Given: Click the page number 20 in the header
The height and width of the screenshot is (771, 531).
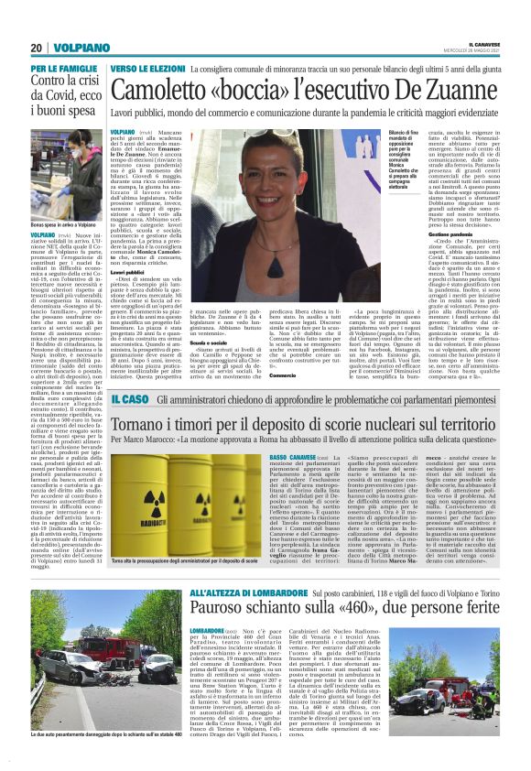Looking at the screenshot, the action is [x=37, y=48].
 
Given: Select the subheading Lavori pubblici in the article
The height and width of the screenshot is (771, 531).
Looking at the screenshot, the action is [x=127, y=273].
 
